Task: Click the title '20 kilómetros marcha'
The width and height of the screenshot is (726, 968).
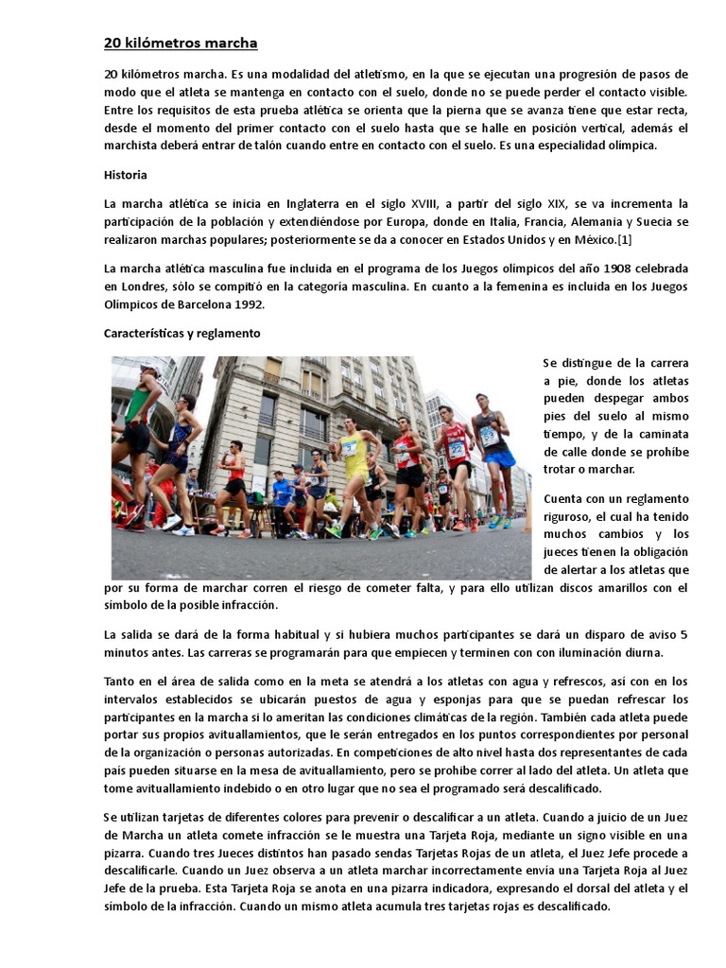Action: (x=180, y=43)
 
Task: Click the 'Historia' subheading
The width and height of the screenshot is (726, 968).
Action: (x=125, y=175)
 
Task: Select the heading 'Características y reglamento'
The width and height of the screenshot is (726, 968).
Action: (x=181, y=334)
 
